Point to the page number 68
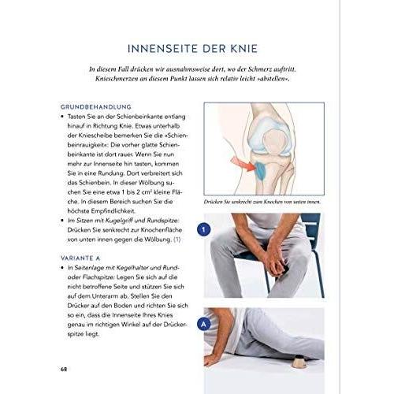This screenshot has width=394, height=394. point(64,369)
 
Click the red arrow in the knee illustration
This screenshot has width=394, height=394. point(237,164)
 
